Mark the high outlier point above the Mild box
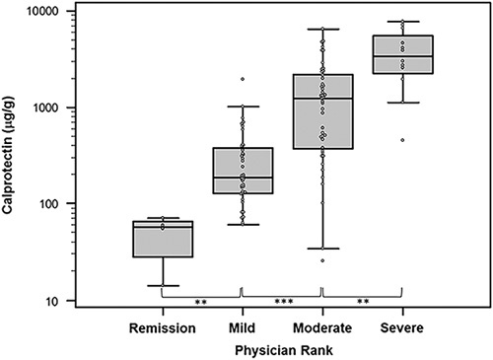243,79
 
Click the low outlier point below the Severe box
402,140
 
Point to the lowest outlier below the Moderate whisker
322,260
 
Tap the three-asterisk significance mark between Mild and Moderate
281,302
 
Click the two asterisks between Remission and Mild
200,302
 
